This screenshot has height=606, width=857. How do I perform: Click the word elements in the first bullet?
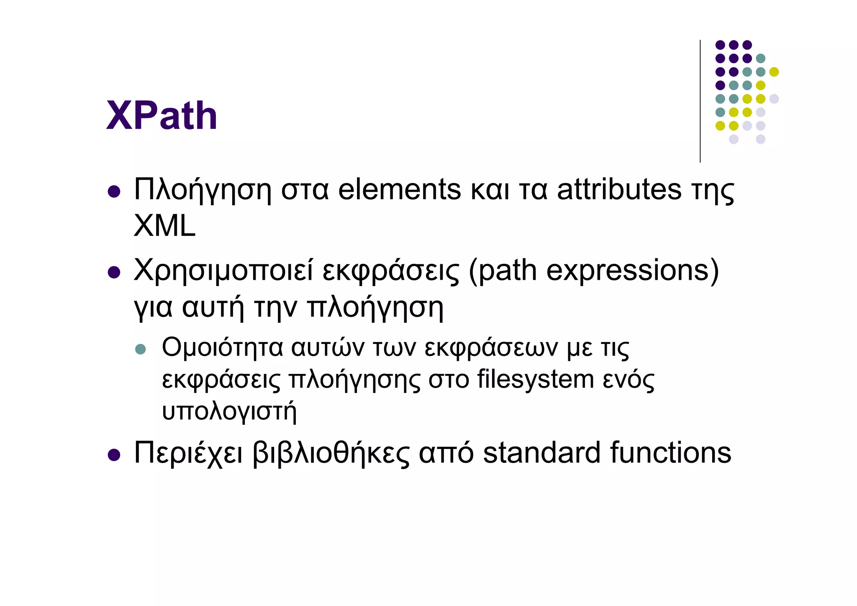tap(399, 190)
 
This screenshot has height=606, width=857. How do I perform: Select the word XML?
tap(164, 226)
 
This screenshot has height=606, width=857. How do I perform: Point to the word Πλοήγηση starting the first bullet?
tap(203, 191)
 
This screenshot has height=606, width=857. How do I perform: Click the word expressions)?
tap(632, 271)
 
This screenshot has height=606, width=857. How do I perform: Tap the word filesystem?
tap(535, 380)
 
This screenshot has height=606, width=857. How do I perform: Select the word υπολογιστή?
tap(229, 411)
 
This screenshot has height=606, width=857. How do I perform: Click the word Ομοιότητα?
tap(222, 348)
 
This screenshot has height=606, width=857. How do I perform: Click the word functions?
tap(670, 453)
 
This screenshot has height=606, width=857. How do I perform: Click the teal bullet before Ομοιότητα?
tap(141, 349)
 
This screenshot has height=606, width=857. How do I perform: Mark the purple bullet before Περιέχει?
tap(114, 455)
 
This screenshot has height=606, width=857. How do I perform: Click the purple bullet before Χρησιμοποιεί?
tap(114, 273)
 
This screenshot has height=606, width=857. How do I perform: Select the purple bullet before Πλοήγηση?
tap(114, 192)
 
